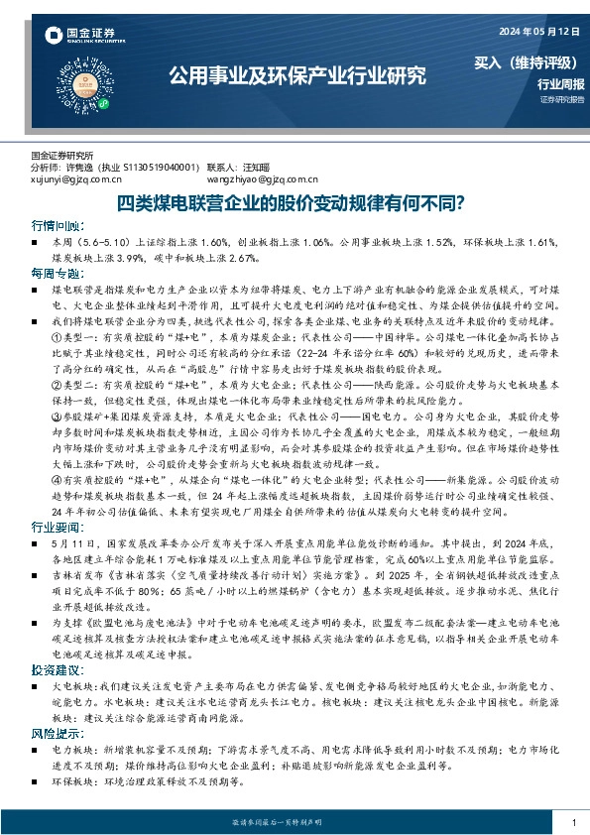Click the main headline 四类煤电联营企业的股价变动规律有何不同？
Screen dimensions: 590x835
point(295,203)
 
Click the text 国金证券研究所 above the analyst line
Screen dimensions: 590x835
point(61,156)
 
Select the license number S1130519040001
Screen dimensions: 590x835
point(155,169)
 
